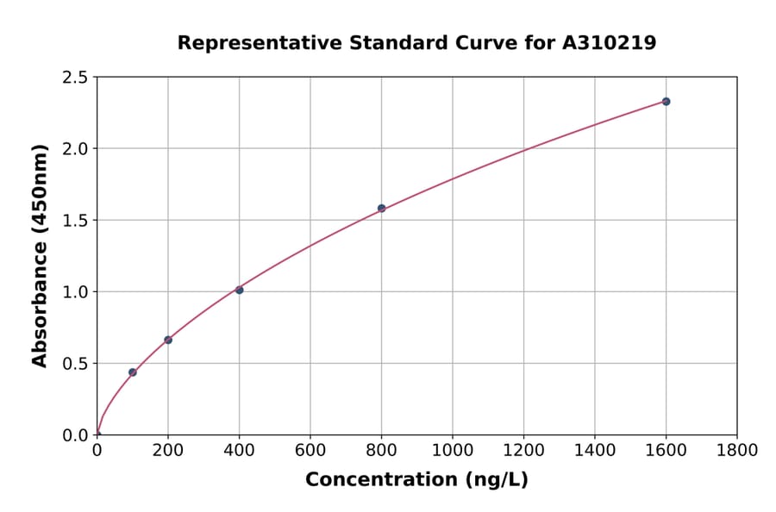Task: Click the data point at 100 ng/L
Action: [x=133, y=372]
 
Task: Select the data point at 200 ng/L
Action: [x=168, y=340]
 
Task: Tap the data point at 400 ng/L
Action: [x=239, y=290]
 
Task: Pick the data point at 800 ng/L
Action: [x=381, y=208]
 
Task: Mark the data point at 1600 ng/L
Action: [x=666, y=102]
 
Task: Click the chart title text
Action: [x=416, y=43]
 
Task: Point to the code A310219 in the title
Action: [x=609, y=43]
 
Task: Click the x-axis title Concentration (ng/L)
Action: [x=416, y=480]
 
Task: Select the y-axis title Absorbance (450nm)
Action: [x=40, y=255]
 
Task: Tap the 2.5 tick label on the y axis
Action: [x=75, y=78]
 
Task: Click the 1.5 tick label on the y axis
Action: [x=75, y=221]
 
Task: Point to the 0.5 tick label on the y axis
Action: [x=75, y=364]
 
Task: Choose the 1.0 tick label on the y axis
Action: [x=75, y=292]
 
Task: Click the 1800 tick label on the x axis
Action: [x=736, y=450]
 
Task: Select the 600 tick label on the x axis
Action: [x=310, y=450]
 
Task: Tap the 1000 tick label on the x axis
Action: [x=452, y=450]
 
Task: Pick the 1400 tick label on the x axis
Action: [x=594, y=450]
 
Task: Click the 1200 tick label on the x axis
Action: [x=523, y=450]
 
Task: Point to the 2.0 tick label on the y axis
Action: [x=75, y=149]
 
